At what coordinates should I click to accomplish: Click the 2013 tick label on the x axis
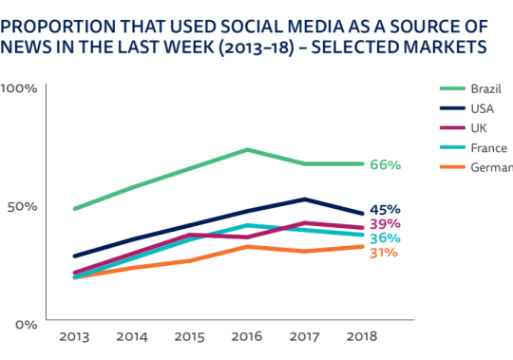pyautogui.click(x=74, y=337)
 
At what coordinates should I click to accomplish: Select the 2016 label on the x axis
pyautogui.click(x=247, y=337)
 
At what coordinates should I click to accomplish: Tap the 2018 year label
pyautogui.click(x=362, y=337)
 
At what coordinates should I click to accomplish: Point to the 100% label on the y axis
pyautogui.click(x=19, y=88)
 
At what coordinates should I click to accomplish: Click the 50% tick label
pyautogui.click(x=22, y=207)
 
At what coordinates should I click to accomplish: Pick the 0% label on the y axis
pyautogui.click(x=27, y=325)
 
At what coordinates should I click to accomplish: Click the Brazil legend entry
pyautogui.click(x=470, y=88)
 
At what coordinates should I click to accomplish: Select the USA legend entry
pyautogui.click(x=466, y=108)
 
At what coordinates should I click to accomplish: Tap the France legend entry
pyautogui.click(x=473, y=148)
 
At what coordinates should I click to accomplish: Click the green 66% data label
pyautogui.click(x=386, y=164)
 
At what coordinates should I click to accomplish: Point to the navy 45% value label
pyautogui.click(x=385, y=210)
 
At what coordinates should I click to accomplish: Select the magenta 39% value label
pyautogui.click(x=385, y=224)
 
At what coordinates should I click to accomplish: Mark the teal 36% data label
pyautogui.click(x=385, y=238)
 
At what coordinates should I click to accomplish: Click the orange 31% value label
pyautogui.click(x=384, y=253)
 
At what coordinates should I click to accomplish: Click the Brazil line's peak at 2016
pyautogui.click(x=247, y=150)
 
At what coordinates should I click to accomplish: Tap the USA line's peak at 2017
pyautogui.click(x=305, y=199)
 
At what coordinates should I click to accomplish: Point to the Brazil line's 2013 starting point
pyautogui.click(x=75, y=209)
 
